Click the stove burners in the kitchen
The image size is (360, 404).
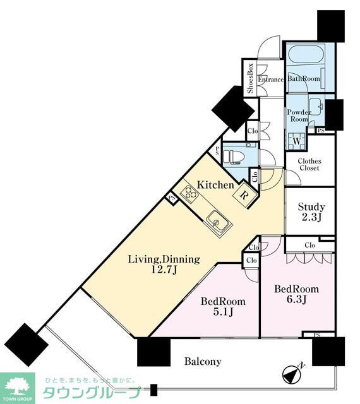coord(189,193)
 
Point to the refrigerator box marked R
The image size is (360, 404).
coord(243,195)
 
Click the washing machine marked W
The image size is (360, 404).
coord(297,141)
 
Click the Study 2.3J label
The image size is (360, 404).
coord(311,212)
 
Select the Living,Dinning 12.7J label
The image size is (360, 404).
coord(164,264)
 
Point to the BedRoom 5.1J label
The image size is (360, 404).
coord(223,306)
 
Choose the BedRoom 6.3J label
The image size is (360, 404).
coord(296,294)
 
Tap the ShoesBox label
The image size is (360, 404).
coord(250,78)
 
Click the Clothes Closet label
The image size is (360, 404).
coord(309,164)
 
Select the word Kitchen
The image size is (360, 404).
coord(215,185)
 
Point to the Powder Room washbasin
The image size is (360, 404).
coord(316,106)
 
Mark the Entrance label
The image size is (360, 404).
coord(271,80)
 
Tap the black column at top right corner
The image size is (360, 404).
coord(331,26)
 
